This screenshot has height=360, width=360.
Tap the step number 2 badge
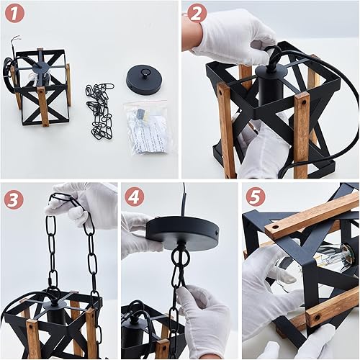coord(196,13)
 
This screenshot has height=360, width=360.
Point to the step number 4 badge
coord(134,197)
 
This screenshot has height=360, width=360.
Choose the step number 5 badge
coord(255,197)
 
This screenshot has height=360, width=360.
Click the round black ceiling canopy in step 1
coord(144,78)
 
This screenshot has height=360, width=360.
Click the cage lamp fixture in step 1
coord(42,86)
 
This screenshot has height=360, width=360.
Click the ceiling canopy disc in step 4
coord(182,232)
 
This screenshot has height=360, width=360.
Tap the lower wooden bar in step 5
coord(331,307)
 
